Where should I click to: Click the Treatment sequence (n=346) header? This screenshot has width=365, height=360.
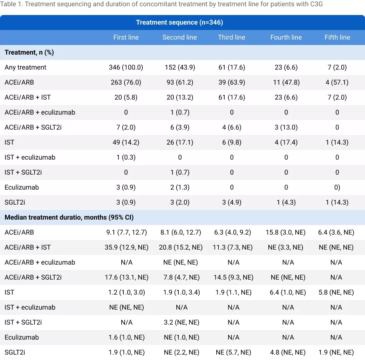coord(182,22)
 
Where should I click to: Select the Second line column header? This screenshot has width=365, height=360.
coord(180,37)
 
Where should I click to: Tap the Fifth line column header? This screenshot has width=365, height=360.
coord(337,37)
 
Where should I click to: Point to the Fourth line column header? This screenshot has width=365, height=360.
coord(286,37)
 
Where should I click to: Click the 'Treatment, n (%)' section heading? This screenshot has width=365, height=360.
coord(29,52)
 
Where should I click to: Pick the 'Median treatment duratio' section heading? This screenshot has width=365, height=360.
coord(69,217)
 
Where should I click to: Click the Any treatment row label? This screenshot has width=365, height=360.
coord(25,67)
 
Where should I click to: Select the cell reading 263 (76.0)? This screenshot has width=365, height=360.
coord(126,82)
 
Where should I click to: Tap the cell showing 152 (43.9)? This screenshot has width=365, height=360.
coord(180,67)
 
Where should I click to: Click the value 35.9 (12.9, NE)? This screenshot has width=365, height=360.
coord(126,247)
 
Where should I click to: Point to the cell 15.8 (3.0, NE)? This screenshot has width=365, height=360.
coord(286,232)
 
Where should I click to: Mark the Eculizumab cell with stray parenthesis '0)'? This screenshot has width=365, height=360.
coord(337,187)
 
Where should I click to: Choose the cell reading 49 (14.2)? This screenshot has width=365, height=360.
coord(126,142)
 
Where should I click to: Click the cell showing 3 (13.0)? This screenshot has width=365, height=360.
coord(286,127)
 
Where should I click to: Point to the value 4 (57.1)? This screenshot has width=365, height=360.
coord(337,82)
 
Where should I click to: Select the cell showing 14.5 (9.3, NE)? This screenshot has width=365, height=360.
coord(232,277)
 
